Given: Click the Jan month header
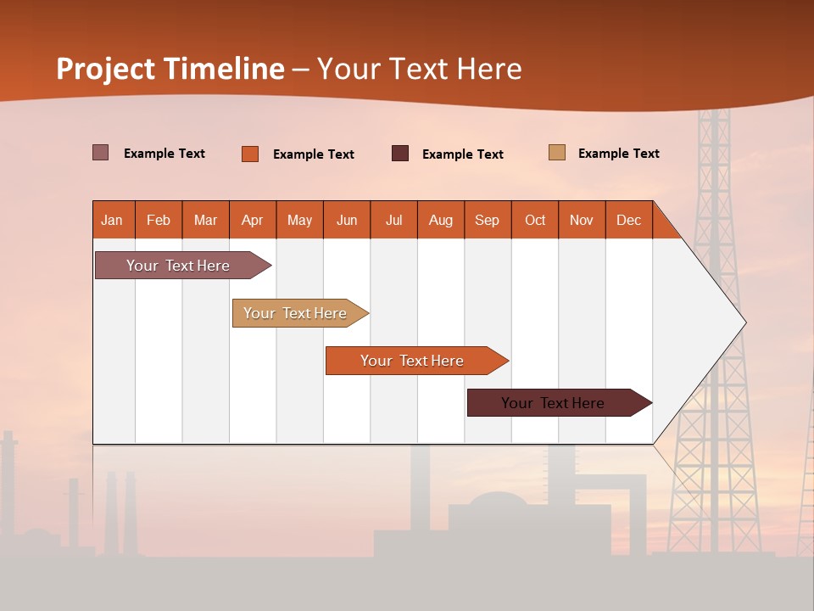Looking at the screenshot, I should [113, 220].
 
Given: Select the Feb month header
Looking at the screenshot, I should [159, 220].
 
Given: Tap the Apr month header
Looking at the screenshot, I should [253, 220].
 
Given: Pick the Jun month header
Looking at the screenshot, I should [347, 220].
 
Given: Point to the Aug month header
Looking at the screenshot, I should [441, 220].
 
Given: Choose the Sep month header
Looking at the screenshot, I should [488, 220].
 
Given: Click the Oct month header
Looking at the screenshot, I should [535, 220].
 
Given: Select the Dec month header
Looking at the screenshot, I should [629, 220].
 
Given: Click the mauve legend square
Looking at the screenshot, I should [101, 153].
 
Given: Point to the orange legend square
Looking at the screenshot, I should [250, 154].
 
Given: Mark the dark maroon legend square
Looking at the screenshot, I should [400, 153].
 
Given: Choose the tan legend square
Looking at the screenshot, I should [557, 153].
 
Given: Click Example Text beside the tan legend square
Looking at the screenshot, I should [618, 154].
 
